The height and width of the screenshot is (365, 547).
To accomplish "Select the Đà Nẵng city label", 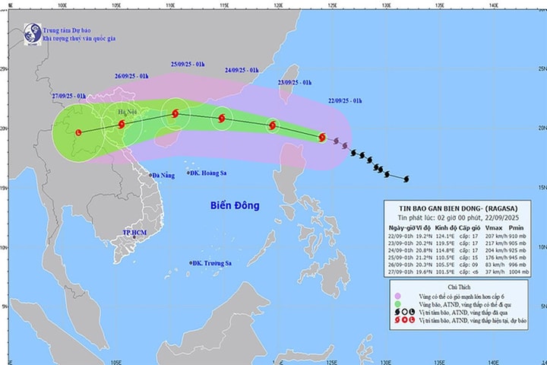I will (163, 176).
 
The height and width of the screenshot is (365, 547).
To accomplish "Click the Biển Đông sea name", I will (235, 206).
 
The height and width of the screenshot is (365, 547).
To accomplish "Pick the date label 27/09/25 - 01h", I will (68, 96).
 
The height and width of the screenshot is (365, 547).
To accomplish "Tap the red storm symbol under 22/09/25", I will (321, 138).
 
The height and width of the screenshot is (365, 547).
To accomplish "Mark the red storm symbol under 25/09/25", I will (175, 114).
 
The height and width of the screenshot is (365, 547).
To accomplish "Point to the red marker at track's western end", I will (79, 132).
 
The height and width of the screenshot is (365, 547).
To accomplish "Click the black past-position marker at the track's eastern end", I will (406, 179).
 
